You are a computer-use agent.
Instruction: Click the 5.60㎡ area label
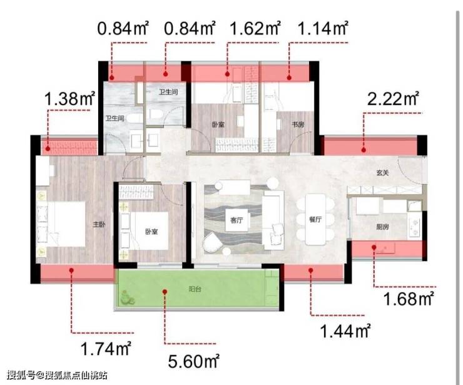(194, 361)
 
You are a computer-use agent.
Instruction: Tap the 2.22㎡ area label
(393, 98)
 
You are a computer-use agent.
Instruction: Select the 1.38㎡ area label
(69, 98)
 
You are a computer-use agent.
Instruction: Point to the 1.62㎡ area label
(255, 28)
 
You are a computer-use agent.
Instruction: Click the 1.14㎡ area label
(323, 28)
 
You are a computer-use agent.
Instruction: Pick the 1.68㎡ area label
(409, 299)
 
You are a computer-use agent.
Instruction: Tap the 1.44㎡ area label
(345, 331)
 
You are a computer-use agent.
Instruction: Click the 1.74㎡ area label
(105, 349)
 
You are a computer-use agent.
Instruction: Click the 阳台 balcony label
(195, 289)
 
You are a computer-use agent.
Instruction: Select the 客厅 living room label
(237, 220)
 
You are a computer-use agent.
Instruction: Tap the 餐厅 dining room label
(315, 220)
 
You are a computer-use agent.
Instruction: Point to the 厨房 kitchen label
(382, 227)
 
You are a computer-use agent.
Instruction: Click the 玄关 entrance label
(382, 173)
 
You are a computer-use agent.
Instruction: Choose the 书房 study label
(298, 125)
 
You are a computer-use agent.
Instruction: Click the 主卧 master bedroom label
(99, 225)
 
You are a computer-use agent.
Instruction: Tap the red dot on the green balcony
(165, 292)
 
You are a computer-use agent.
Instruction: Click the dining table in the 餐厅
(315, 220)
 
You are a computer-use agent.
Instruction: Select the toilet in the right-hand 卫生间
(155, 114)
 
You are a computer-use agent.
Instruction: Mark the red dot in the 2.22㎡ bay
(364, 150)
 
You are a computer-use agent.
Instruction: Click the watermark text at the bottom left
(57, 375)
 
